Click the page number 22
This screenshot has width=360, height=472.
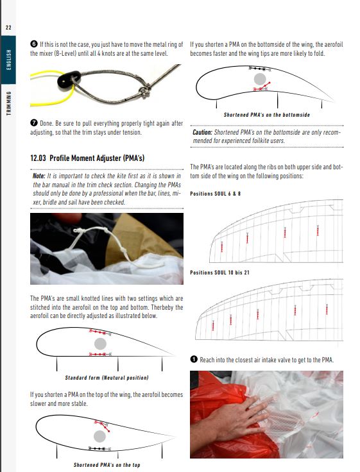click(x=8, y=28)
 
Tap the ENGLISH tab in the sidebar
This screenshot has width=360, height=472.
click(x=9, y=60)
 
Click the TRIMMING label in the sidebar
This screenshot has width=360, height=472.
click(x=9, y=103)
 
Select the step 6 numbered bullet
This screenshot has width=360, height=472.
click(x=34, y=44)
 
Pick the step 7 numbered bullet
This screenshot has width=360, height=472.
click(x=34, y=123)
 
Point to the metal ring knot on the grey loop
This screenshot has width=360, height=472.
click(x=144, y=90)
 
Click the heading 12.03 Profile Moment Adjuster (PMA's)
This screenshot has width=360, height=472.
click(x=87, y=158)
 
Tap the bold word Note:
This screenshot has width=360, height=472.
click(x=39, y=176)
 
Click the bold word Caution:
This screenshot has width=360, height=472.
click(x=202, y=132)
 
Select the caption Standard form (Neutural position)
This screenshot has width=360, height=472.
click(x=107, y=378)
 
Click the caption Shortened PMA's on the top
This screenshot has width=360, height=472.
click(x=107, y=465)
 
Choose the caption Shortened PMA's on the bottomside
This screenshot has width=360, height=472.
click(x=266, y=115)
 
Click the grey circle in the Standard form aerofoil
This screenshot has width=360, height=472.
click(x=100, y=344)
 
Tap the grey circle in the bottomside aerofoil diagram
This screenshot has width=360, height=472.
click(x=260, y=79)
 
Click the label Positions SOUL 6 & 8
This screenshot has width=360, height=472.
click(x=216, y=194)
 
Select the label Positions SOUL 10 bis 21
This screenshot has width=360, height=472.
click(x=220, y=273)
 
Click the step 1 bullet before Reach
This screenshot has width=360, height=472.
click(x=194, y=359)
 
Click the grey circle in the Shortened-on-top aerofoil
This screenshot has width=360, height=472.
click(x=99, y=436)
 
